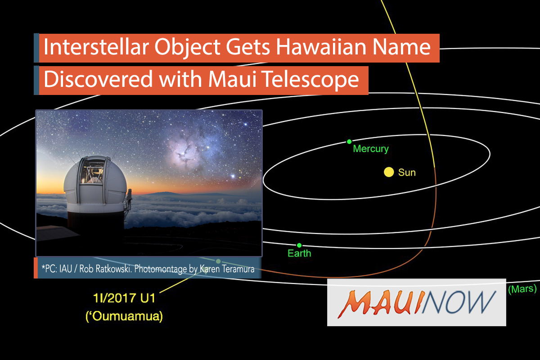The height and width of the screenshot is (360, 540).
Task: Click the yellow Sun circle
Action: point(389,172)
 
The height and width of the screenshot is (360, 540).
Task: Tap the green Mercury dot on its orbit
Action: point(349,142)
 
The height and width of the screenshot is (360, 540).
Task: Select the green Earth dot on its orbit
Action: point(299,245)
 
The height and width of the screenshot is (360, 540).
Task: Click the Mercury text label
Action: point(371,149)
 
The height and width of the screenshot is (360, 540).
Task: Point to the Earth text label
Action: point(299,253)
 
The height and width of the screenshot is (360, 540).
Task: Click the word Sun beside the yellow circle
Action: point(407,173)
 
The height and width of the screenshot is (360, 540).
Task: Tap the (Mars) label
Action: point(522,289)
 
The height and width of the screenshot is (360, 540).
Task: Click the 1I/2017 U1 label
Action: point(124,298)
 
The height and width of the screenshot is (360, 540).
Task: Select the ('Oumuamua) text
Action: point(124,316)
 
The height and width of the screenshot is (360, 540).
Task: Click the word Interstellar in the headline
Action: point(96,47)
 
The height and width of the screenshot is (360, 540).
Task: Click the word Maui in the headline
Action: point(232,79)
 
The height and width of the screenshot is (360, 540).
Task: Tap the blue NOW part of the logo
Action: point(458,302)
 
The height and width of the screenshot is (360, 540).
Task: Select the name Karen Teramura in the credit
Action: point(227,269)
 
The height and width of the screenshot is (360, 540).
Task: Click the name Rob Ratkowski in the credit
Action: point(105,269)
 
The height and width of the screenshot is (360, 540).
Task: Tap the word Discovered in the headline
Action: point(98,79)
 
